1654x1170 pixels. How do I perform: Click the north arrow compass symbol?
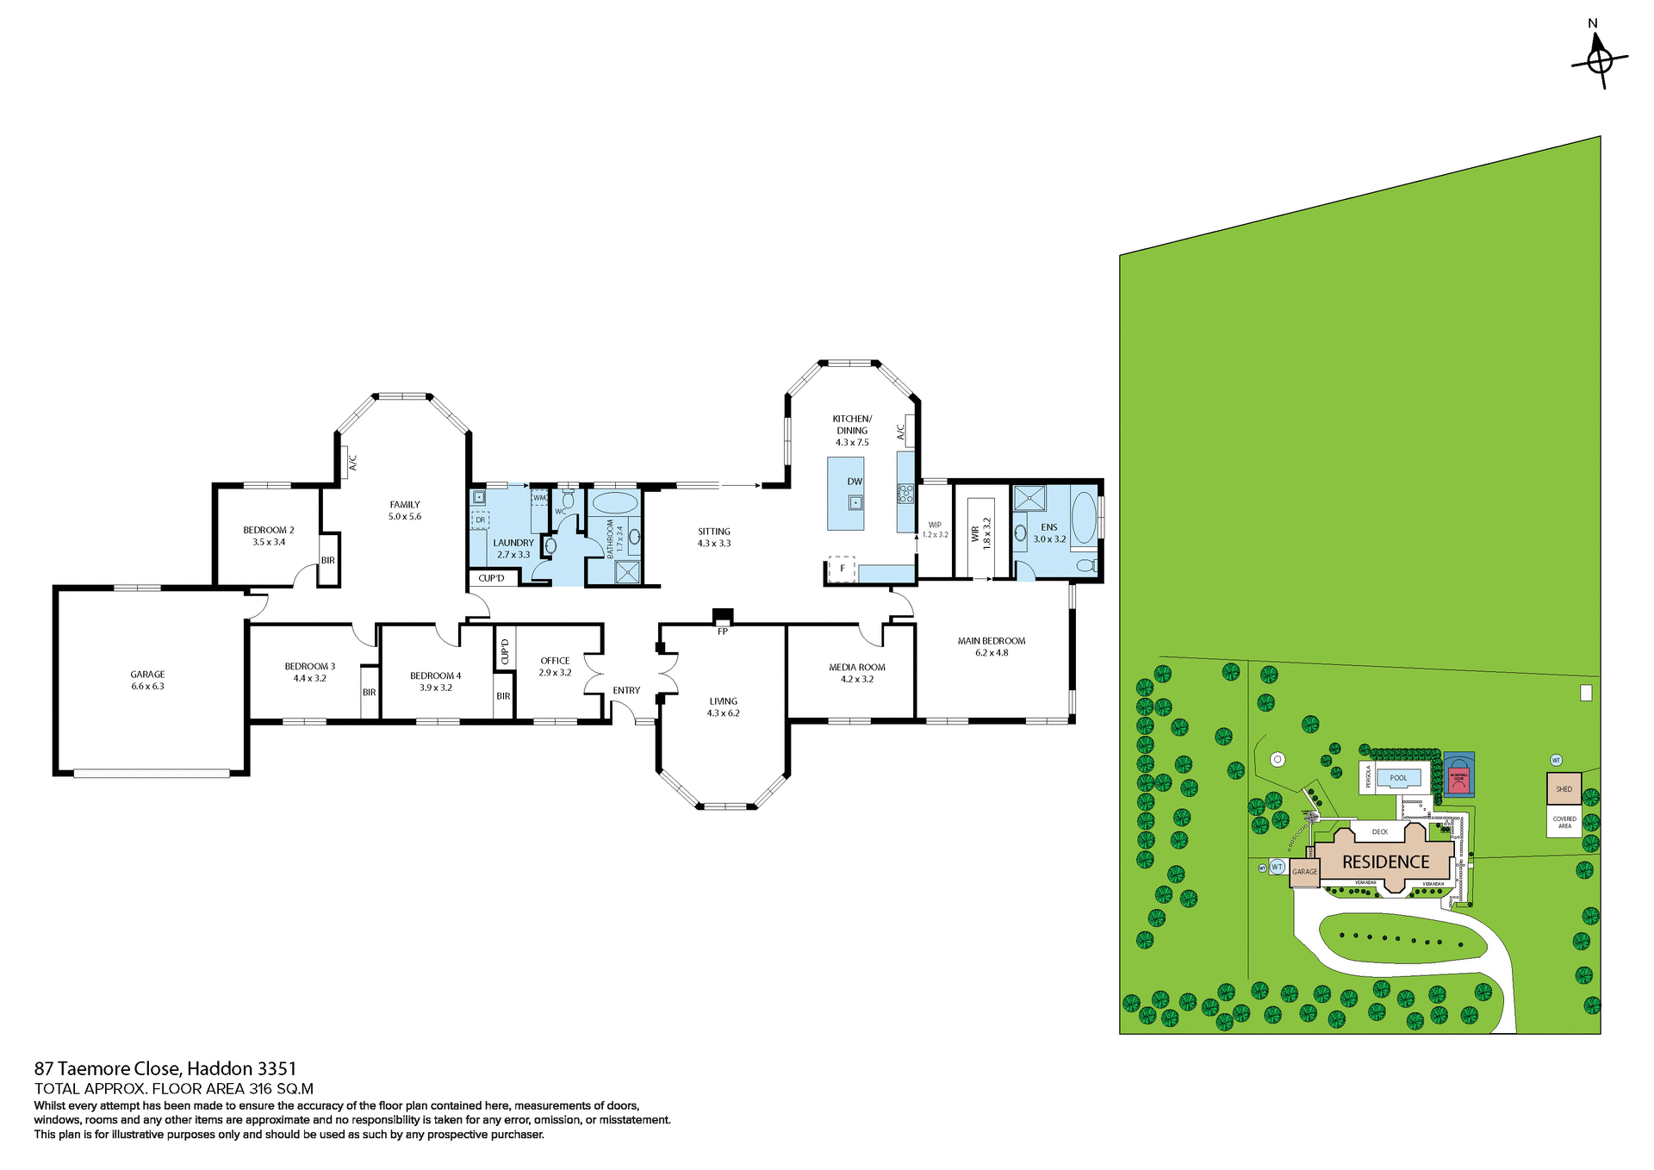[x=1599, y=60]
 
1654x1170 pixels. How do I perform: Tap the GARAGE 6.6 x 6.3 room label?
[x=147, y=681]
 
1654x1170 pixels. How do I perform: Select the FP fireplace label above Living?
[x=723, y=632]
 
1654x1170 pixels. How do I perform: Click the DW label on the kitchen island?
[x=855, y=482]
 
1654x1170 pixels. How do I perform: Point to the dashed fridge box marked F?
[x=842, y=569]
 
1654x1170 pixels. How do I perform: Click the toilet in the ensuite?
[x=1087, y=565]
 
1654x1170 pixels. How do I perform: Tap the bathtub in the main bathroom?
[x=613, y=503]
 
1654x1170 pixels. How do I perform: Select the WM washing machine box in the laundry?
[x=540, y=498]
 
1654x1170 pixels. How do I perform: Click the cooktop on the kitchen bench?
[x=905, y=494]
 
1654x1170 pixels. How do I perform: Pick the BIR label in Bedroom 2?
[x=328, y=560]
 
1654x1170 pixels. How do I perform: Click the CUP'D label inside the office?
[x=505, y=651]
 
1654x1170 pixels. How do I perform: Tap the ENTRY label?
[x=626, y=690]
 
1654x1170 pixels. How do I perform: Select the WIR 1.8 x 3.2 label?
[x=981, y=534]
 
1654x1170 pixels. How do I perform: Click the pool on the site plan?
[x=1398, y=778]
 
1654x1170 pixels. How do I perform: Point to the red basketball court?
[x=1458, y=776]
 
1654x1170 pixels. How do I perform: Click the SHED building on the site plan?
[x=1564, y=789]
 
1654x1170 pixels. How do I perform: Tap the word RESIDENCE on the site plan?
[x=1385, y=862]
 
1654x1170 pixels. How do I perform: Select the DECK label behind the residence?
[x=1380, y=832]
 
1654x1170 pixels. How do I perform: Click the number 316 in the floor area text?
[x=260, y=1089]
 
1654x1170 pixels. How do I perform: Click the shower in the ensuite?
[x=1029, y=498]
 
